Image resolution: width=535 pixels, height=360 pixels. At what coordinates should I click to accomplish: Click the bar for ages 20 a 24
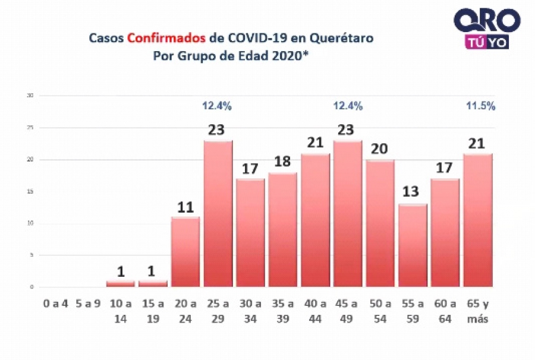pos(185,252)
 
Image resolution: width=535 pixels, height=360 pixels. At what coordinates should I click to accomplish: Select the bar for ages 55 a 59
pos(413,245)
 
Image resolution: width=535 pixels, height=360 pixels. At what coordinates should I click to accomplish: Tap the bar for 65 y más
pos(477,220)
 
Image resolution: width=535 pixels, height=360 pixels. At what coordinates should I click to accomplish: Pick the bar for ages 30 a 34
pos(250,233)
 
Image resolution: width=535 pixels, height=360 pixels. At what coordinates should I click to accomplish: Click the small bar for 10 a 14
pos(121,283)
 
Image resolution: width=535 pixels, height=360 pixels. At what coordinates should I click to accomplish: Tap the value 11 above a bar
pos(185,208)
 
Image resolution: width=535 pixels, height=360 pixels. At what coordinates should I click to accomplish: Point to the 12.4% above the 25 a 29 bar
pos(217,106)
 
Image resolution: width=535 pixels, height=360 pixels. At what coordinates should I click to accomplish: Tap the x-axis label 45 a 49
pos(348,311)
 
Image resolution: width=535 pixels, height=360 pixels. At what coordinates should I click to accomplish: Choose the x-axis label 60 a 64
pos(445,311)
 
